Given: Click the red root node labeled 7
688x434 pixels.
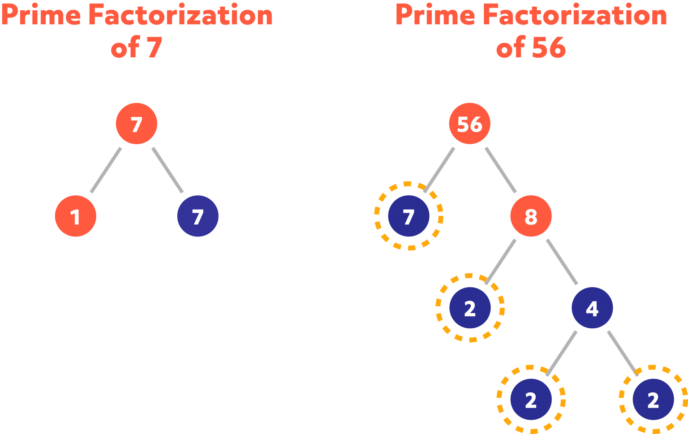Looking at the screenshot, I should point(137,124).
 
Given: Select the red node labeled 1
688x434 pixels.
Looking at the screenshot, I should point(75,216).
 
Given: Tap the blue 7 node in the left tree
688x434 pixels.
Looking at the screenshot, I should point(198,216).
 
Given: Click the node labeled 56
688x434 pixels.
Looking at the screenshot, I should point(469,124).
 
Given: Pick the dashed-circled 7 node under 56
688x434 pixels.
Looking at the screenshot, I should point(408,216).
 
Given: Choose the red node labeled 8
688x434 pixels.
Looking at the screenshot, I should point(531,216).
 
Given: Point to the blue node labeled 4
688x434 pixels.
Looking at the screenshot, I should point(592,308).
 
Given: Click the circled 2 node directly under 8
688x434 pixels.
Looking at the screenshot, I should point(470,308).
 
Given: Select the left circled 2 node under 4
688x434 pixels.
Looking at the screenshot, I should point(531,400).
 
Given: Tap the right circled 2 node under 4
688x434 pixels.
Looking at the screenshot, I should point(653,400).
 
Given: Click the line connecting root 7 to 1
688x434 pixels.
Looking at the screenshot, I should point(106,170).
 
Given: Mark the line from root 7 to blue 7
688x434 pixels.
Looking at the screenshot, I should point(168,170).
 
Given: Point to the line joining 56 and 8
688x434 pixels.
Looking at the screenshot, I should point(500,170).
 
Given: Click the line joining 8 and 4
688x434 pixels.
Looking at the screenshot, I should point(562,262).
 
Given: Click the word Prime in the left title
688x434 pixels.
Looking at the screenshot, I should point(40,16).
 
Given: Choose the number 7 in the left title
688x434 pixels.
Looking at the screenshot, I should point(154,48).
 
